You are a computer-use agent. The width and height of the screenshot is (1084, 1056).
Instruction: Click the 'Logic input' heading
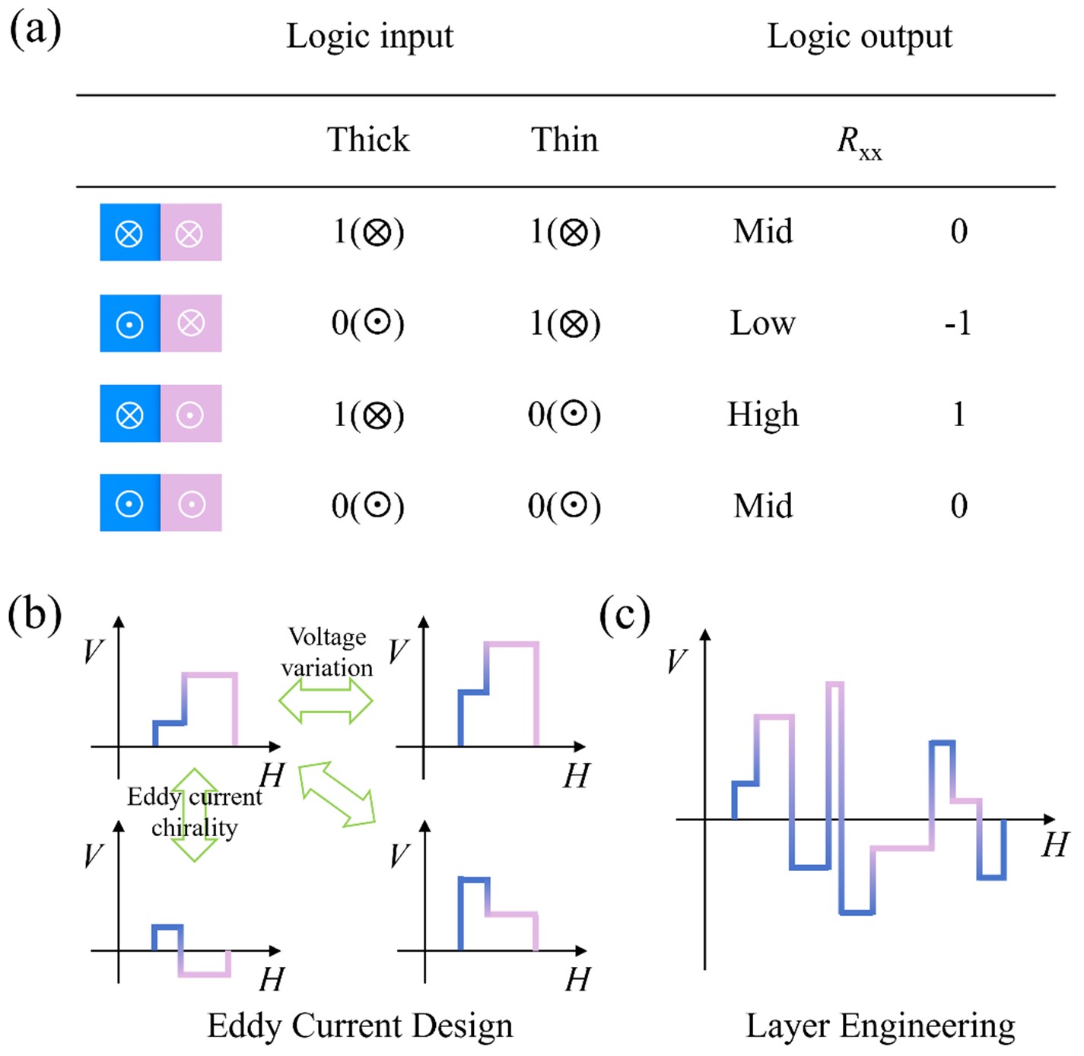pos(370,36)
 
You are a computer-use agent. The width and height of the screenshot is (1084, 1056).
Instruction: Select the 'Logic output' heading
pos(859,36)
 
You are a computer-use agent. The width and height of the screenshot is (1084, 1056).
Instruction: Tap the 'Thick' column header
pos(368,140)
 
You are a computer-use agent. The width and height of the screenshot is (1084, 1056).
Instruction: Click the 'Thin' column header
pos(564,140)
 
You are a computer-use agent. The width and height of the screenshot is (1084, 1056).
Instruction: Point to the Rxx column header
pos(859,142)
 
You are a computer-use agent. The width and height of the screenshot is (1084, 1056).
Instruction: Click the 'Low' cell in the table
pos(762,323)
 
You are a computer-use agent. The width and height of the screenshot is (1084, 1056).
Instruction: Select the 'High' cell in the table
pos(763,415)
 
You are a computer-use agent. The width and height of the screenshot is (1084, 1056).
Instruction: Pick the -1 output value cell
pos(958,323)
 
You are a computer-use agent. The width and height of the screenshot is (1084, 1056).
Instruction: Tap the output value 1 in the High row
pos(958,415)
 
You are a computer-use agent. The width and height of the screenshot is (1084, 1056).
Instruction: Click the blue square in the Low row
pos(130,323)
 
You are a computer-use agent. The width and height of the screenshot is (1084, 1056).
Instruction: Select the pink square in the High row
pos(191,414)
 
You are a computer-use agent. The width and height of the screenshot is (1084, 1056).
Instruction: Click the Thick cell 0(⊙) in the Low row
pos(368,323)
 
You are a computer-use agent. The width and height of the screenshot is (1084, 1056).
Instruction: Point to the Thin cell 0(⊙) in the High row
pos(564,415)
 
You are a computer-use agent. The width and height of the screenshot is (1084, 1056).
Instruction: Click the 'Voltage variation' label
pos(327,652)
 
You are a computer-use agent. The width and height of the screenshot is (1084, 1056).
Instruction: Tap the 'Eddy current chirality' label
pos(195,812)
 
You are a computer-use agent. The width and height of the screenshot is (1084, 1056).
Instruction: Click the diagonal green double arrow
pos(337,794)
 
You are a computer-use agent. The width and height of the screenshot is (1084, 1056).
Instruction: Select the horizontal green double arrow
pos(326,701)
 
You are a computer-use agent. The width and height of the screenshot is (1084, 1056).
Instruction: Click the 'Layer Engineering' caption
pos(880,1026)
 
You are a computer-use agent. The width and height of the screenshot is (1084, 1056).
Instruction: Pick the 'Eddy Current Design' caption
pos(360,1026)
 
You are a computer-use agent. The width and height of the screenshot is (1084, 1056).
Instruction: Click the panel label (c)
pos(625,615)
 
